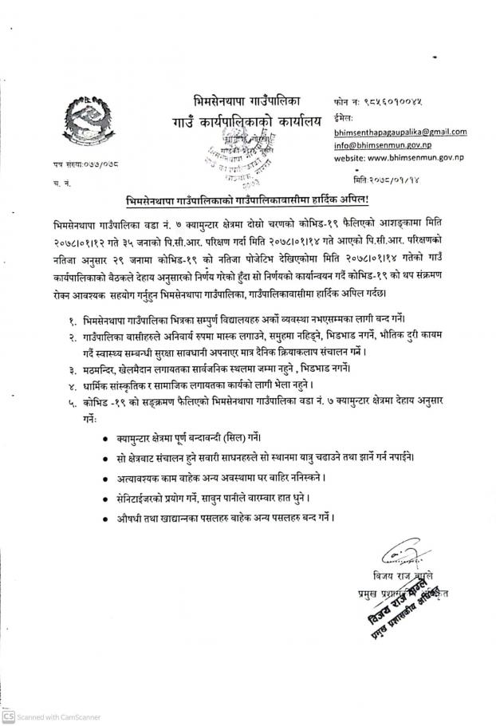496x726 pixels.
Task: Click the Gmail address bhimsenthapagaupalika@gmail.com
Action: [400, 132]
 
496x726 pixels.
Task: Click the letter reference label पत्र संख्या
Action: [63, 164]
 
